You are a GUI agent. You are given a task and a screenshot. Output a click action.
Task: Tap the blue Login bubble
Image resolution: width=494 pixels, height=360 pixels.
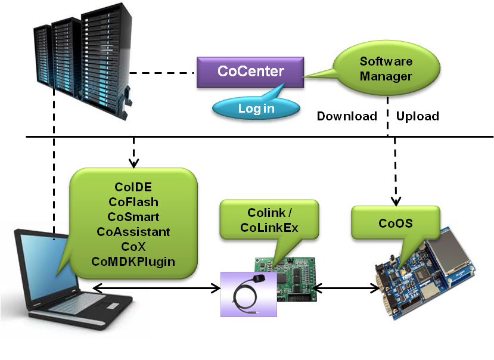pos(256,108)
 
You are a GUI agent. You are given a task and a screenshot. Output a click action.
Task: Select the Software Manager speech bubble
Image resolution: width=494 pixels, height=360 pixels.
pos(385,69)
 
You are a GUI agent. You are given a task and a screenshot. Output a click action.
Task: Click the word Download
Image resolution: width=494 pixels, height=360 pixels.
pos(347,116)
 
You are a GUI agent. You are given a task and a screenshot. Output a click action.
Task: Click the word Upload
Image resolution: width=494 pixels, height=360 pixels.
pos(418,116)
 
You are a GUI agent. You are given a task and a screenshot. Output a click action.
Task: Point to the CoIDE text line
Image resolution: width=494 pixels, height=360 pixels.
pos(133,187)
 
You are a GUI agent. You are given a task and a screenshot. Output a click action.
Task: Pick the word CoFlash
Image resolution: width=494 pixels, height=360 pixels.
pos(133,202)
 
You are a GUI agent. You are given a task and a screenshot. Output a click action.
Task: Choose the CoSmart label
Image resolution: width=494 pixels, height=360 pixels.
pos(133,217)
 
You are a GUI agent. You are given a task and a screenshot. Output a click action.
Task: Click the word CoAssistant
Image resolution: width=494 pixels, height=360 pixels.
pos(133,231)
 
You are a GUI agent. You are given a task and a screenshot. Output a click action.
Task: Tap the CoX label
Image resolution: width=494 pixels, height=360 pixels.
pos(133,246)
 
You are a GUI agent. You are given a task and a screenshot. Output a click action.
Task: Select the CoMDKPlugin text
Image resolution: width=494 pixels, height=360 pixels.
pos(133,261)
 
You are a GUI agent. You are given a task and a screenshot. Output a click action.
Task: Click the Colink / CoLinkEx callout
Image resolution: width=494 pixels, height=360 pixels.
pos(269,221)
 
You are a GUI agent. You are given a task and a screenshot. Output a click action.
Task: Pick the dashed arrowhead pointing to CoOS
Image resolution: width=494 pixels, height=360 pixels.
pos(395,199)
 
